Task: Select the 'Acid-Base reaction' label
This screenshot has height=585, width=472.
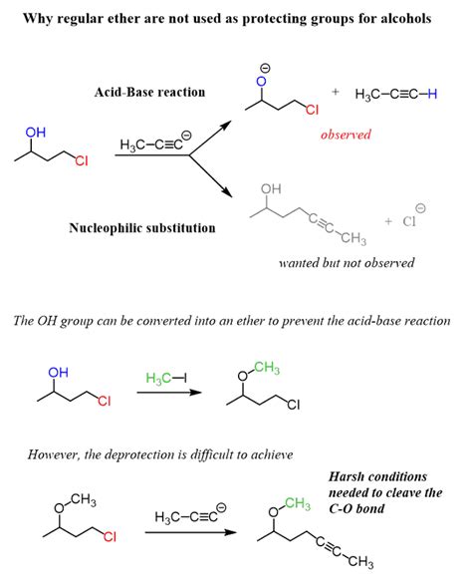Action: click(x=149, y=92)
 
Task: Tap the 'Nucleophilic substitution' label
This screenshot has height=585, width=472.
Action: click(x=142, y=227)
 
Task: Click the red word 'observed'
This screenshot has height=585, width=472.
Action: click(x=346, y=135)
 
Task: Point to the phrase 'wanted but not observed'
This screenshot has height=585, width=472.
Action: click(x=347, y=263)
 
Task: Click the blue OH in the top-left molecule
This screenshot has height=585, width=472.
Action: click(x=36, y=133)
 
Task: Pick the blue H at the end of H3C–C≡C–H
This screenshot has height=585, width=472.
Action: click(x=432, y=94)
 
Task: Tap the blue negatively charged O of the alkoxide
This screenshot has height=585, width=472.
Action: click(x=263, y=82)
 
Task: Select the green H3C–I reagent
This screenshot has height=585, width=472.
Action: click(x=166, y=378)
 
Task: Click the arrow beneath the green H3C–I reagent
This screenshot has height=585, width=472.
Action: click(x=169, y=392)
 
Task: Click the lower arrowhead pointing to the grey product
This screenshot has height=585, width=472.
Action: click(x=227, y=191)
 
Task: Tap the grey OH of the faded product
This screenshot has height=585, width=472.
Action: click(x=271, y=188)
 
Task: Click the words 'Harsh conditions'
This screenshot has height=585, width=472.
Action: click(x=377, y=476)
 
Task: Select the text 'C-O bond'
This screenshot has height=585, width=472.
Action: click(x=356, y=508)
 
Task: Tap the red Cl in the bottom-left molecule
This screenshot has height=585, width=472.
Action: click(x=110, y=536)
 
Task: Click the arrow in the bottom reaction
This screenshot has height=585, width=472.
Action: click(x=190, y=532)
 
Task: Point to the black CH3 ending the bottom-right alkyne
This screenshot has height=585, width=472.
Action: click(x=360, y=561)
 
